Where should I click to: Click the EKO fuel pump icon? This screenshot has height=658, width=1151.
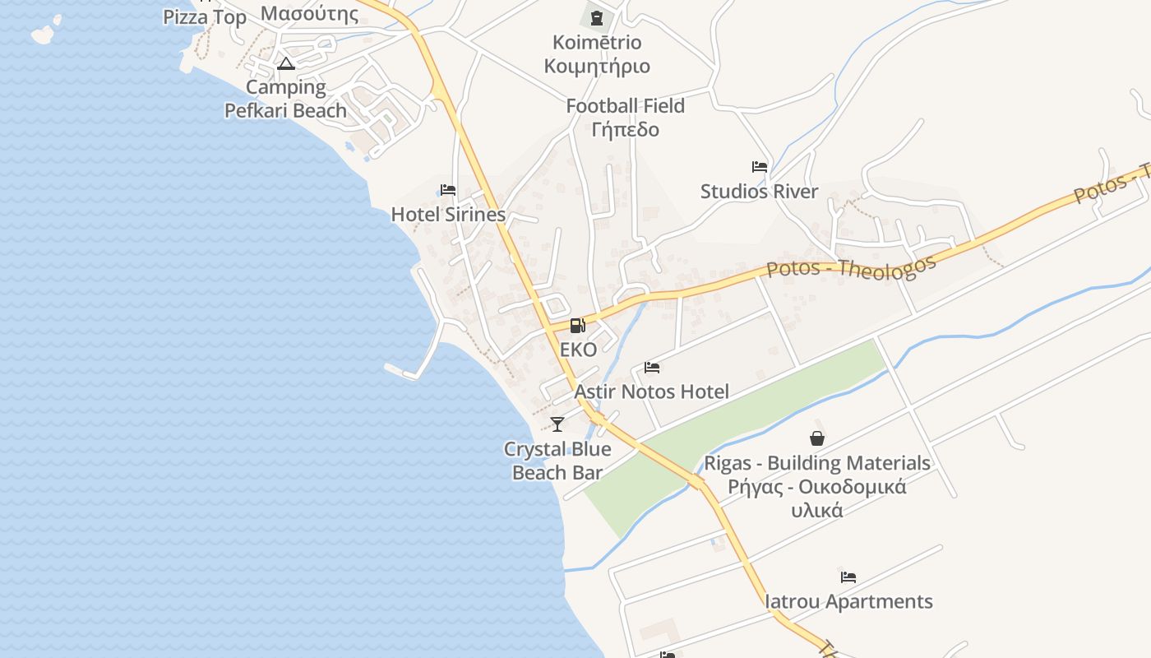pyautogui.click(x=578, y=326)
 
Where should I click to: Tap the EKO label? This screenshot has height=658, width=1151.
pyautogui.click(x=578, y=350)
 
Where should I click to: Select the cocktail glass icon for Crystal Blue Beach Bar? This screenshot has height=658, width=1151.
pyautogui.click(x=557, y=424)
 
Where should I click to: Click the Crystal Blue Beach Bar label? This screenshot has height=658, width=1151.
pyautogui.click(x=557, y=461)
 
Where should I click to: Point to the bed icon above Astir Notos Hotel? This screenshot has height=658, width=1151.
pyautogui.click(x=652, y=368)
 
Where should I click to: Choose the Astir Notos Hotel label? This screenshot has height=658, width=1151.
pyautogui.click(x=651, y=392)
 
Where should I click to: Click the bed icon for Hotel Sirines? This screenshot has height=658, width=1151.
pyautogui.click(x=448, y=190)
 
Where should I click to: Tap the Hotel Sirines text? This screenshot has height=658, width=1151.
pyautogui.click(x=448, y=215)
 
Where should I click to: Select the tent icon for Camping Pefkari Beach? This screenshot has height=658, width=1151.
pyautogui.click(x=286, y=63)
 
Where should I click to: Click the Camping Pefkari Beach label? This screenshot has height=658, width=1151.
pyautogui.click(x=286, y=99)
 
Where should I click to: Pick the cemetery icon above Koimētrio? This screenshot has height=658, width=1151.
pyautogui.click(x=597, y=17)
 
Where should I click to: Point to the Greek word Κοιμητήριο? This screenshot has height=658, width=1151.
pyautogui.click(x=597, y=66)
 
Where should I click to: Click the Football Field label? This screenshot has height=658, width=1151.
pyautogui.click(x=625, y=106)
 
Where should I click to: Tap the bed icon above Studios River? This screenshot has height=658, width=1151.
pyautogui.click(x=760, y=167)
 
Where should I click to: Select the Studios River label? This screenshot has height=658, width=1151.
pyautogui.click(x=759, y=192)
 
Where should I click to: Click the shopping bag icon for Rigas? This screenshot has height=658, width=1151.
pyautogui.click(x=817, y=438)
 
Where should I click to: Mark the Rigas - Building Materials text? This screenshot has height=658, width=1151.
pyautogui.click(x=817, y=463)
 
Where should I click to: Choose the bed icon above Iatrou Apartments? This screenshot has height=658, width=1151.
pyautogui.click(x=848, y=577)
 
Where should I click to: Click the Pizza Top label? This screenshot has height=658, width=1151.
pyautogui.click(x=205, y=17)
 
